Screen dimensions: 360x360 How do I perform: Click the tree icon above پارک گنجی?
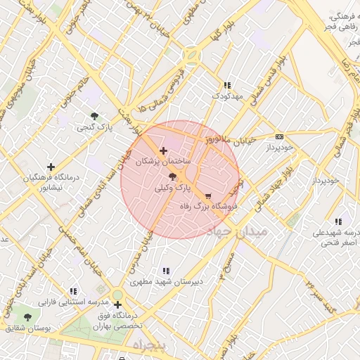(94, 116)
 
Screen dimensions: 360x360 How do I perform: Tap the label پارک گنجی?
(94, 127)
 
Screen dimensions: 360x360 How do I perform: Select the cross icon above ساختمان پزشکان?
(164, 150)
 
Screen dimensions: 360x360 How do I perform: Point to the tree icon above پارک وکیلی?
(173, 178)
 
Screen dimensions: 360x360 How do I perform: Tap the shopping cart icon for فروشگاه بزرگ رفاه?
(208, 196)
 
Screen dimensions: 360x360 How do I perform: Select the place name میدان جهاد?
(238, 231)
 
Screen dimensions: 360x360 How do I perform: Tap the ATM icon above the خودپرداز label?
(279, 136)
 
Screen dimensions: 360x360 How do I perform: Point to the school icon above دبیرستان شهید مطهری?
(167, 271)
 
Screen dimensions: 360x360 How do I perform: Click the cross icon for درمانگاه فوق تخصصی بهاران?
(117, 304)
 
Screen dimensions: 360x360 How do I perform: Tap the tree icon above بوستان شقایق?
(28, 318)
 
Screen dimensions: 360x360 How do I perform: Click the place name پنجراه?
(148, 347)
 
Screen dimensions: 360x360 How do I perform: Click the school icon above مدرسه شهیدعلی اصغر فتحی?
(339, 221)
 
